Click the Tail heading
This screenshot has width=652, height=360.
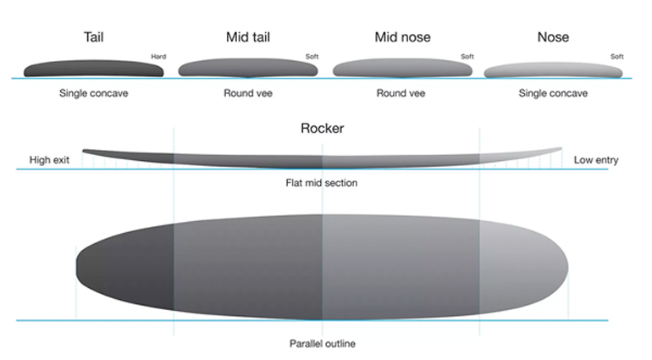point(93,37)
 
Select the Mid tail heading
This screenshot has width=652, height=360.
point(248,37)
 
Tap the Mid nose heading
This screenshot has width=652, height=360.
point(402,37)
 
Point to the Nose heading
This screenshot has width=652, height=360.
point(553,37)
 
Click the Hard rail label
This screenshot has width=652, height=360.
point(158,57)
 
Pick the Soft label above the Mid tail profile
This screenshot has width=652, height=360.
point(312,57)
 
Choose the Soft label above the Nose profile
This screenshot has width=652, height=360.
point(617,57)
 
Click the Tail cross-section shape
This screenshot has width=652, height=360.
point(93,69)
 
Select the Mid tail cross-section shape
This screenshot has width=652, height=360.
point(248,68)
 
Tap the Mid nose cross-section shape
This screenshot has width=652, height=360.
point(402,68)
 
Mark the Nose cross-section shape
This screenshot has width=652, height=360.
point(553,70)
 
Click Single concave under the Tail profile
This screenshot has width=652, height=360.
point(93,93)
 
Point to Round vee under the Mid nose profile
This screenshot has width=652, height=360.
point(401,93)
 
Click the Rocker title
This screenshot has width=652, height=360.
point(323,128)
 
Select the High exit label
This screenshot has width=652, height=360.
point(49,160)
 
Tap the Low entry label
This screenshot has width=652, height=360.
point(596,160)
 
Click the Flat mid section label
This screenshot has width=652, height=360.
point(322,183)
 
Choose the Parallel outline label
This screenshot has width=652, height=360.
point(323,344)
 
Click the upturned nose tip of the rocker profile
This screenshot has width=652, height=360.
point(561,148)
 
